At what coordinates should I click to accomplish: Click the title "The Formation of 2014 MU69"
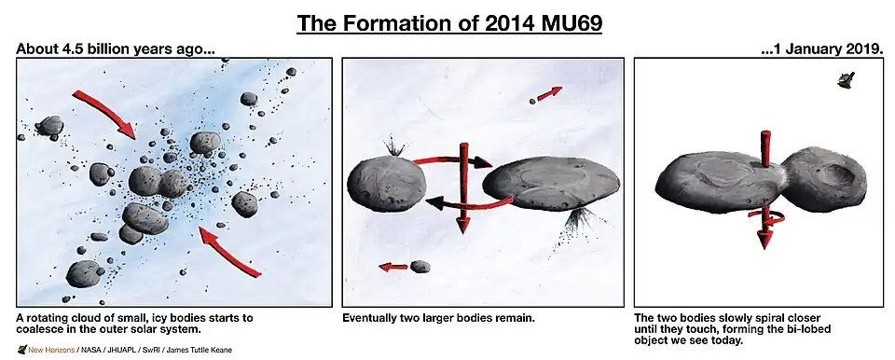tap(448, 22)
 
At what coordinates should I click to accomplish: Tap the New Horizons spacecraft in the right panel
tap(847, 82)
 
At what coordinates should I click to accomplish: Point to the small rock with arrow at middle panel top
tap(534, 100)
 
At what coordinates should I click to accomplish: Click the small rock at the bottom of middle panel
tap(420, 267)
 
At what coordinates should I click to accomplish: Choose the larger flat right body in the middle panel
tap(551, 183)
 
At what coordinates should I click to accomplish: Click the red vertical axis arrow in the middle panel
tap(463, 187)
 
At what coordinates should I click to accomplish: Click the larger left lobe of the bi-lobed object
tap(714, 181)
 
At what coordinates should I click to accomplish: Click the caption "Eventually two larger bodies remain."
tap(438, 318)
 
